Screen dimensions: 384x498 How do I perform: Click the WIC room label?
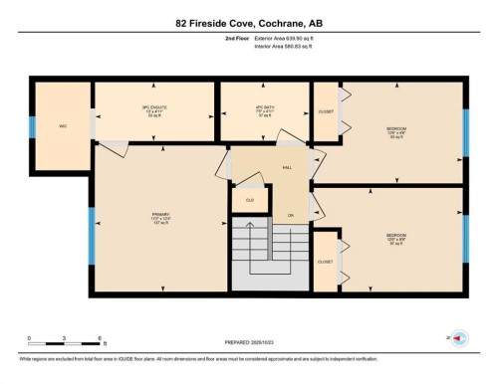coord(62,125)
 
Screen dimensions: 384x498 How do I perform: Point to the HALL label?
coord(287,168)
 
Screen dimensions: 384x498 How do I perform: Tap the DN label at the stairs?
coord(292,215)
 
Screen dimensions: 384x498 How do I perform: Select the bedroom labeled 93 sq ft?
coord(396,132)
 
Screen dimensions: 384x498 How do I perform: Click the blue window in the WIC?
coord(32,126)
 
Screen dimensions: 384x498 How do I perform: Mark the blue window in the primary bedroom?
coord(91,234)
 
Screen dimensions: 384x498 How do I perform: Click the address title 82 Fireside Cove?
coord(248,22)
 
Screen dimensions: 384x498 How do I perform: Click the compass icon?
coord(458,338)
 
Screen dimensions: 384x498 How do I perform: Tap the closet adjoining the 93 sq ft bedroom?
coord(326,111)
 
